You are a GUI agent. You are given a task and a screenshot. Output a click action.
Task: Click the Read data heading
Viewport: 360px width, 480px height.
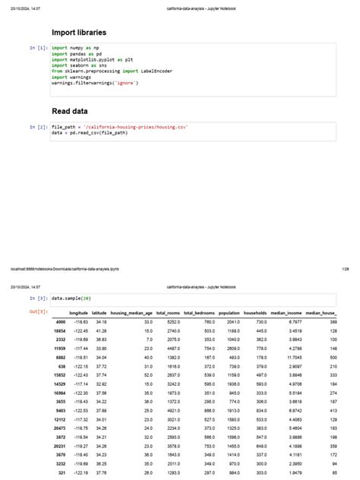(71, 112)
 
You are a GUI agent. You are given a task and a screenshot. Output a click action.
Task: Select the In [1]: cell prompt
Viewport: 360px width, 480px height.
(38, 48)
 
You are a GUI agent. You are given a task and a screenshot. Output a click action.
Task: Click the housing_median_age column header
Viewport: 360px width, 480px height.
(131, 313)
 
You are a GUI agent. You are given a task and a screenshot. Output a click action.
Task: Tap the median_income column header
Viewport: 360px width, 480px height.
(287, 313)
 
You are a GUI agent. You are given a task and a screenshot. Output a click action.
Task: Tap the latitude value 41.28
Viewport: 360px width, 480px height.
(100, 331)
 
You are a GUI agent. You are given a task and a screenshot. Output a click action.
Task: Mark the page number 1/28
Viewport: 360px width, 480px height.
(345, 268)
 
